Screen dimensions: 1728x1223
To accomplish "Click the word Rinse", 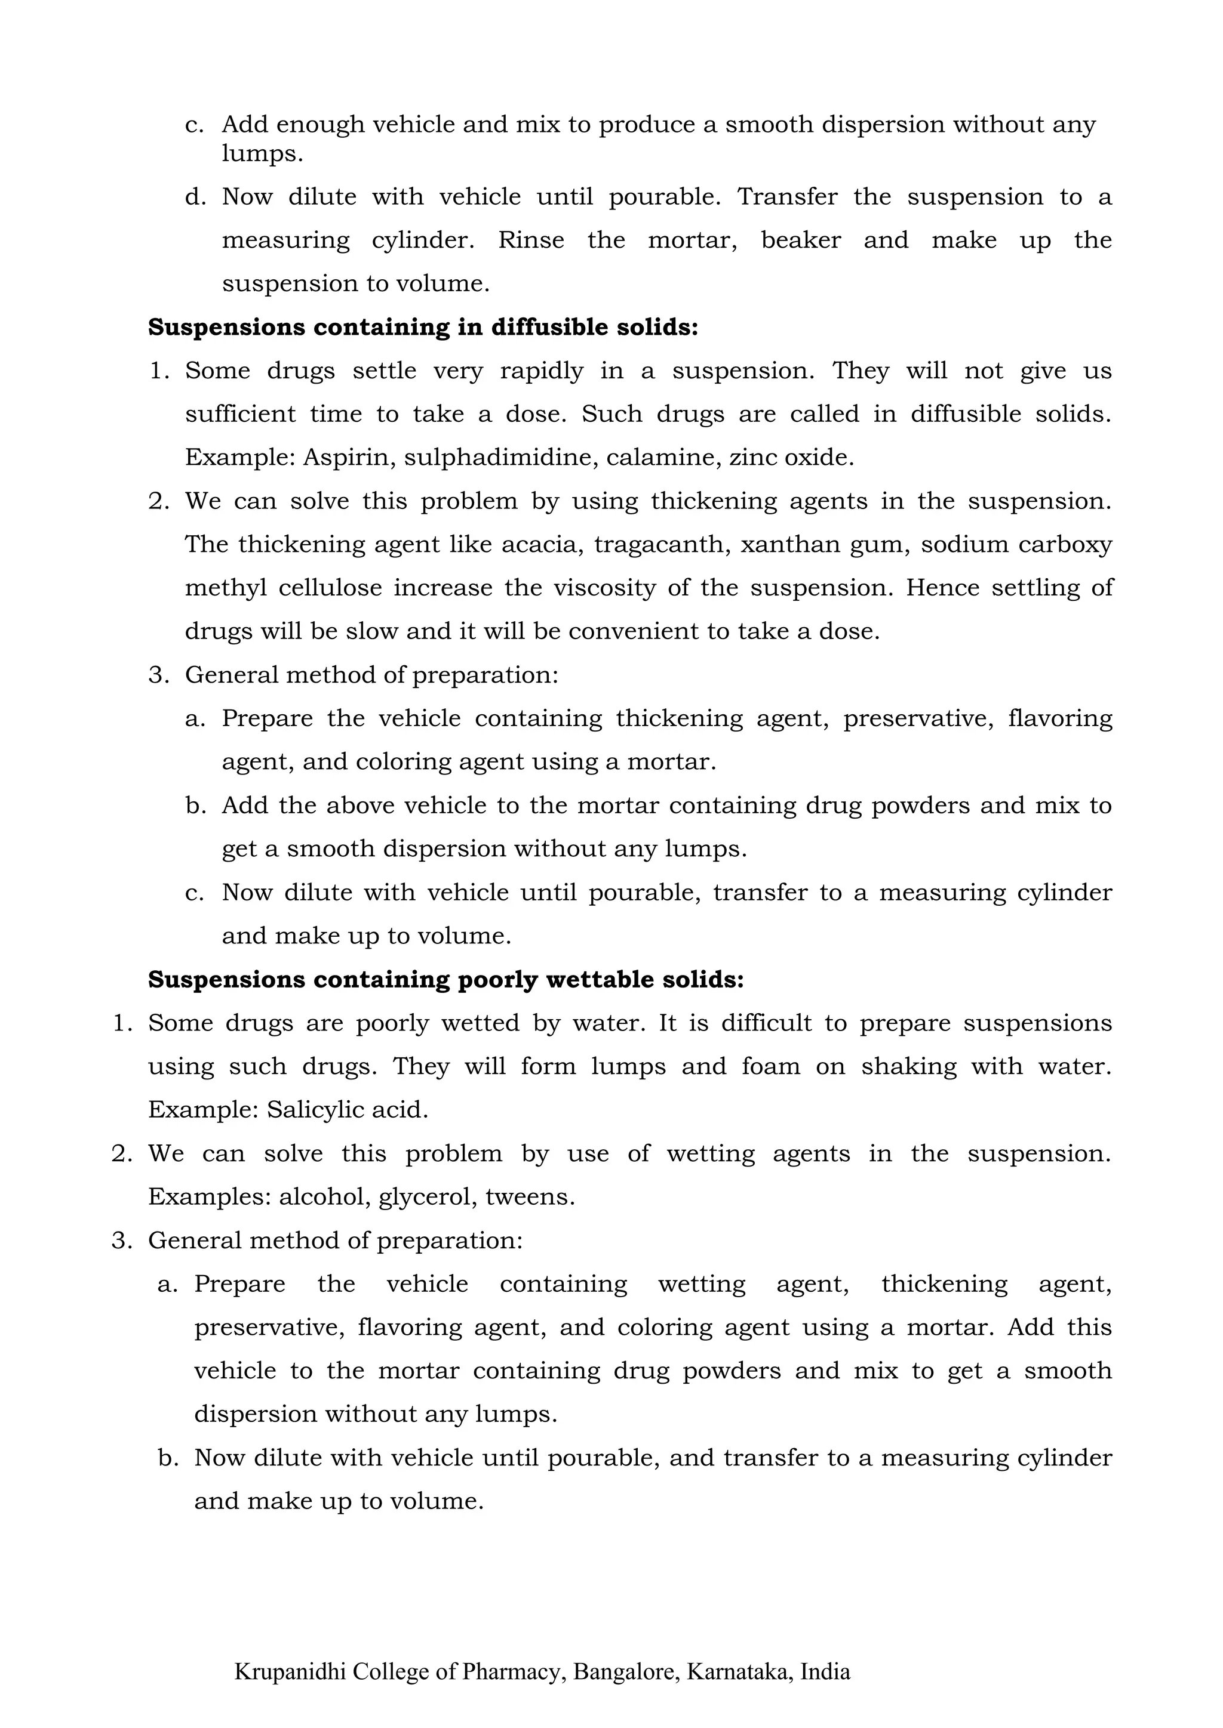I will click(531, 241).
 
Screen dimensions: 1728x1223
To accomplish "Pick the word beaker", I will click(801, 241).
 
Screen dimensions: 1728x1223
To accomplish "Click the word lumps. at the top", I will click(262, 155).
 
